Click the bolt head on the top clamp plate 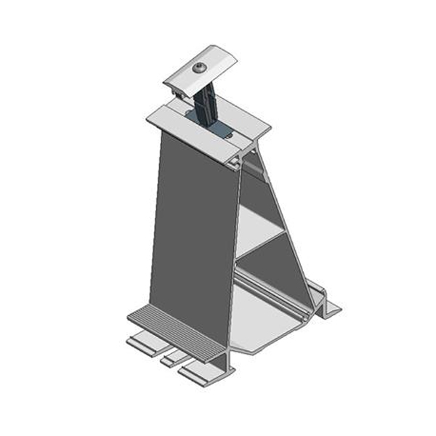200,68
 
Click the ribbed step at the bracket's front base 174,331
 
